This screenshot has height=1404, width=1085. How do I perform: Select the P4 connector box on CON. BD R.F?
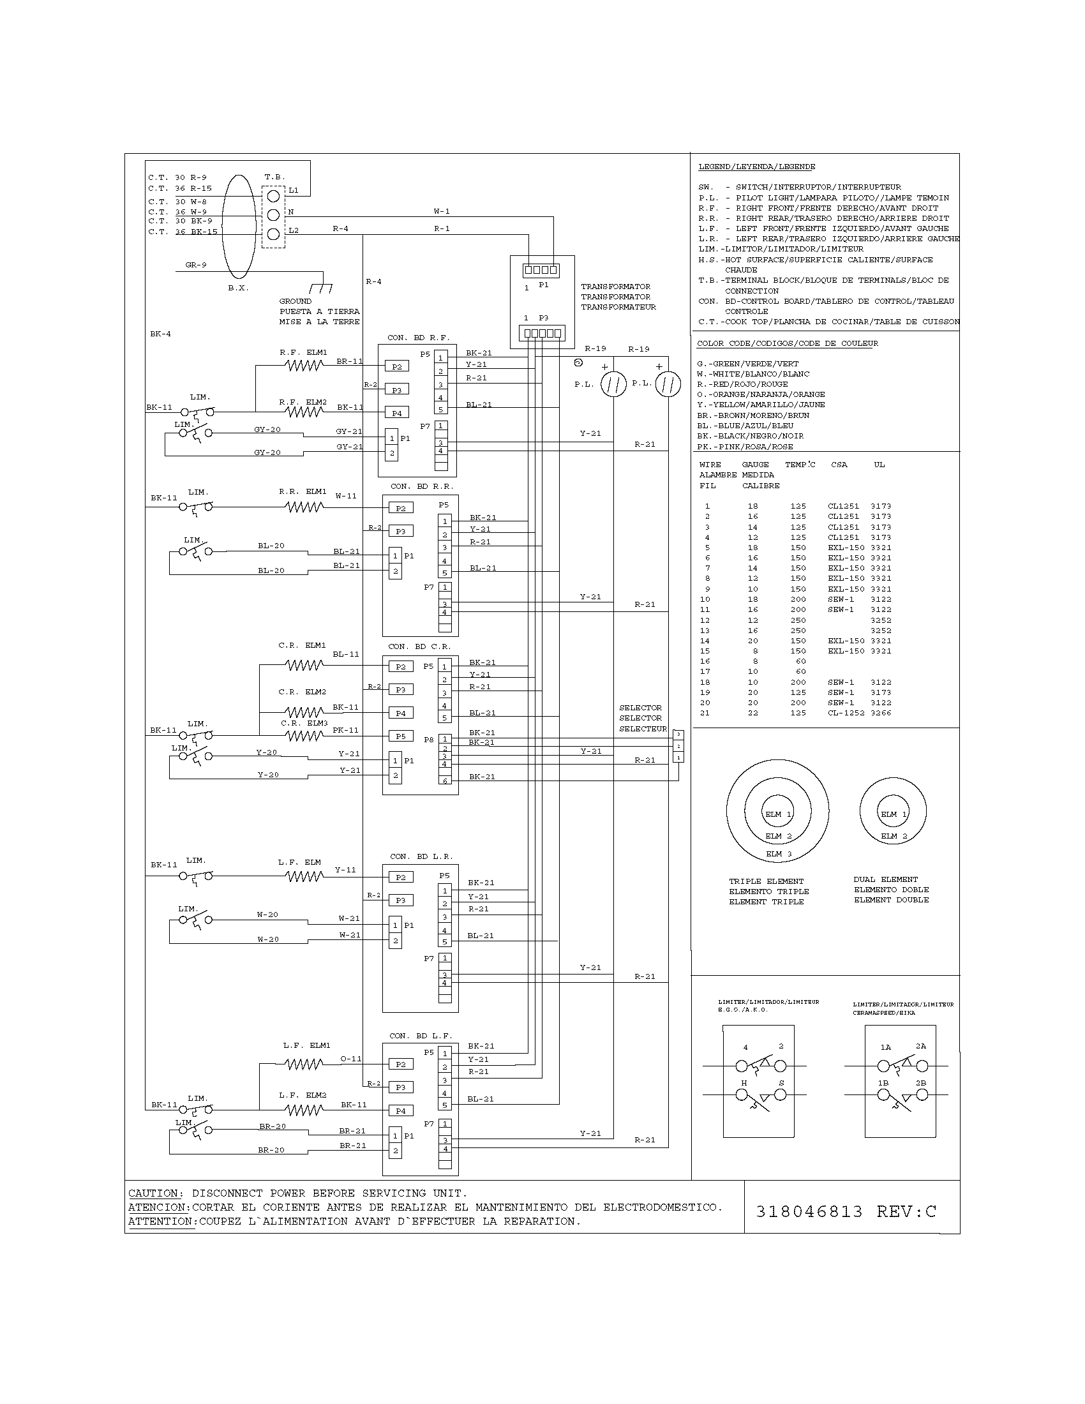tap(396, 414)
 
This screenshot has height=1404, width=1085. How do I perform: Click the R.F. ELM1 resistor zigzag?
tap(304, 365)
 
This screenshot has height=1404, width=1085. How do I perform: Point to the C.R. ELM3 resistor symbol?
tap(304, 736)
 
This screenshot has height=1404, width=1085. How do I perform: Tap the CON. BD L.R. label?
tap(421, 856)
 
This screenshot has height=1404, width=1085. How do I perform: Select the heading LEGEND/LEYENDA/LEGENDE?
tap(756, 167)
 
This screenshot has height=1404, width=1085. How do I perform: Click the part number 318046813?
tap(809, 1212)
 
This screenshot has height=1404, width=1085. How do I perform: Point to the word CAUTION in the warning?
tap(155, 1193)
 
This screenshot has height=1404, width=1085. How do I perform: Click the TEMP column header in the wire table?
tap(799, 464)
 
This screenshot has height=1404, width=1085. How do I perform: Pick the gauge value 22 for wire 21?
tap(752, 713)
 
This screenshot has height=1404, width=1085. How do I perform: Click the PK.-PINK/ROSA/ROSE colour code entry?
tap(745, 446)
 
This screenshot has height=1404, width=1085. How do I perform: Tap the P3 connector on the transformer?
tap(541, 333)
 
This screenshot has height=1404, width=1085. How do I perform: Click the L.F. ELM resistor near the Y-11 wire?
tap(304, 876)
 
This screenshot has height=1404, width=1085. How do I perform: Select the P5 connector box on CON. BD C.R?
tap(400, 736)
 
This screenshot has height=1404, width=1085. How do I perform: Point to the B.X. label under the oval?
tap(238, 288)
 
